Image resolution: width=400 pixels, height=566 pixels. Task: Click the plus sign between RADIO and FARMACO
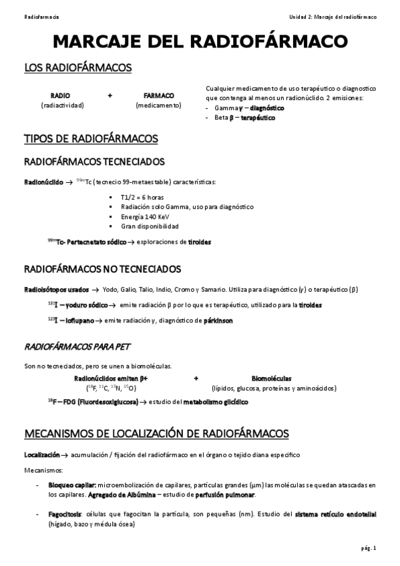[x=110, y=95]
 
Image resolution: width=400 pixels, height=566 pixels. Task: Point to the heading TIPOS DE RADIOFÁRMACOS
[x=91, y=139]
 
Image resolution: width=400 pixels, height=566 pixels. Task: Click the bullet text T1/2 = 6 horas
[x=142, y=198]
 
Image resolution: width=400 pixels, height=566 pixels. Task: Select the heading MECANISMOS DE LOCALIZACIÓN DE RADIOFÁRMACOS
[x=156, y=434]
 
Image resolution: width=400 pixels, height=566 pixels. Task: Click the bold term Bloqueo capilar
[x=73, y=485]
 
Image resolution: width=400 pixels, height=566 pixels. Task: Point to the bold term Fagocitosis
[x=65, y=514]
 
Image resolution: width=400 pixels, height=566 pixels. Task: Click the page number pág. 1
[x=368, y=549]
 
